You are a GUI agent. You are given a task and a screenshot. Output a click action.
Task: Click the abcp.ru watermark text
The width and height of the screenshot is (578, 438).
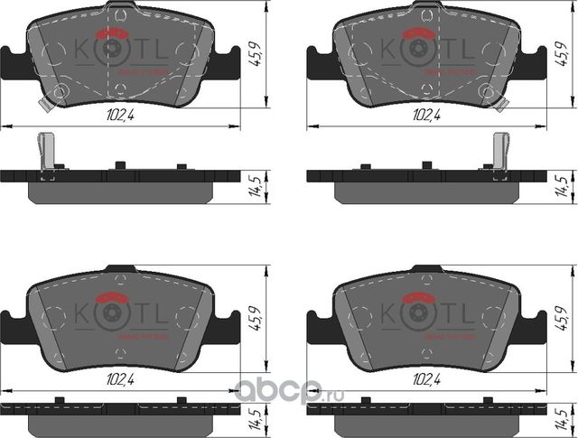coord(286,390)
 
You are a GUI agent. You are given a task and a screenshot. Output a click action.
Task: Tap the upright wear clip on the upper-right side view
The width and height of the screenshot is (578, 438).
coord(499,151)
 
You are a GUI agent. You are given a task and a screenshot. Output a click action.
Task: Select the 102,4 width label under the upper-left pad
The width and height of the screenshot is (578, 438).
coord(113,116)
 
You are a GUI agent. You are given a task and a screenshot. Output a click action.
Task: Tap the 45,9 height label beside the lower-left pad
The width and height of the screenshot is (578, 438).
coord(256,320)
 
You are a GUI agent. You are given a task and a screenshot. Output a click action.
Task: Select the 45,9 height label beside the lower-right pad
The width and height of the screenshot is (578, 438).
coord(563,320)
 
